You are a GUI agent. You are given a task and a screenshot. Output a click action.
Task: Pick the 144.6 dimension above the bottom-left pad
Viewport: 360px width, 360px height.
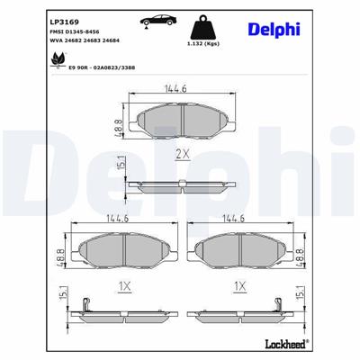[x=118, y=219]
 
